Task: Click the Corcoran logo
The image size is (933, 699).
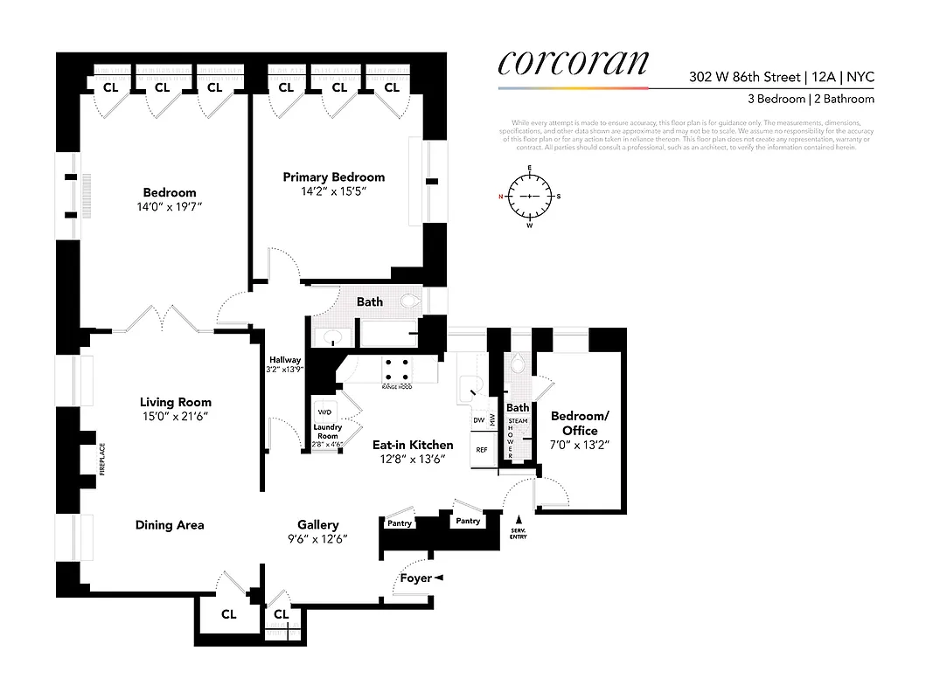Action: click(574, 63)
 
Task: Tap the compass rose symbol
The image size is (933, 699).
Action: click(530, 196)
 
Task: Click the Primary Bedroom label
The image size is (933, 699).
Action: click(333, 176)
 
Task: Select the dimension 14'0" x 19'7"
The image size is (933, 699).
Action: click(170, 207)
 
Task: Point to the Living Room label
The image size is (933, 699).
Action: click(176, 402)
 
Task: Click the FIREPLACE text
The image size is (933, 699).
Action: click(102, 460)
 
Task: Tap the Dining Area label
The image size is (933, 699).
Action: click(170, 525)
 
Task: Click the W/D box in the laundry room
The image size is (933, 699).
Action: click(324, 412)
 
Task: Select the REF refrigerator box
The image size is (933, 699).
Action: click(481, 450)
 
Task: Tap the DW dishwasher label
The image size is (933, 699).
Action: click(478, 420)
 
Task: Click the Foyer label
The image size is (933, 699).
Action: click(415, 578)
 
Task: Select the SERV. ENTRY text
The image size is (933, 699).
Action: click(519, 533)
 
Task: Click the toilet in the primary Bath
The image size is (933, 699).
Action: click(412, 302)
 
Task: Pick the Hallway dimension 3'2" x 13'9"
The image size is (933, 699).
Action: click(285, 370)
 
